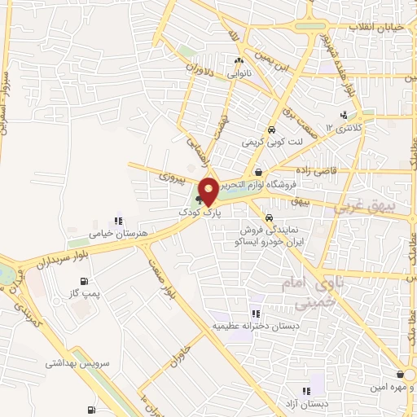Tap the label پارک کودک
[x=200, y=212]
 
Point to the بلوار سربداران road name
[x=60, y=258]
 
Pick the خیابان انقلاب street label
[x=376, y=27]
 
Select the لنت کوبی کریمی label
[x=271, y=142]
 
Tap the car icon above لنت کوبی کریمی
[x=271, y=129]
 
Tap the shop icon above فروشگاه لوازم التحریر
[x=258, y=172]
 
